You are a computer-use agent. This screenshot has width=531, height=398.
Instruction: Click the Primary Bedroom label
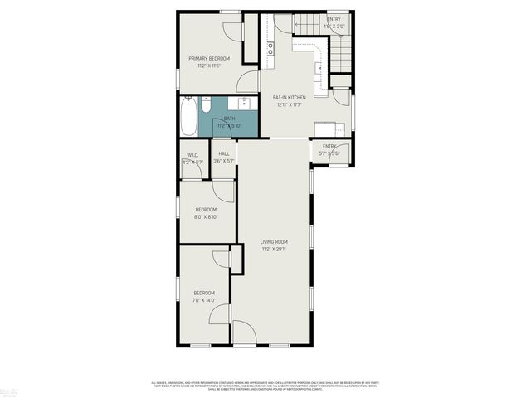tap(208, 58)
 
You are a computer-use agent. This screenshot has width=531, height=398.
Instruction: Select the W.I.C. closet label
tap(192, 155)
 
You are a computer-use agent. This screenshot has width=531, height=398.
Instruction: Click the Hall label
tap(224, 154)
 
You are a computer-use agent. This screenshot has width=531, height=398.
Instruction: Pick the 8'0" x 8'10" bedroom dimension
tap(205, 216)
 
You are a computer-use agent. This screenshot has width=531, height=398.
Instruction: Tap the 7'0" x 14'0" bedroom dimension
tap(204, 299)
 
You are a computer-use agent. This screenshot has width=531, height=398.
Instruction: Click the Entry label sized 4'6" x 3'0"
tap(334, 18)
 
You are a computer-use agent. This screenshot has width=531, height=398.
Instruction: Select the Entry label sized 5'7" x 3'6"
tap(329, 147)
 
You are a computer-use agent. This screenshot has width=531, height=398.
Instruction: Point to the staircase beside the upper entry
tap(342, 54)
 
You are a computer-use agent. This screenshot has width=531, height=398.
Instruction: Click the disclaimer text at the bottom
tap(265, 385)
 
